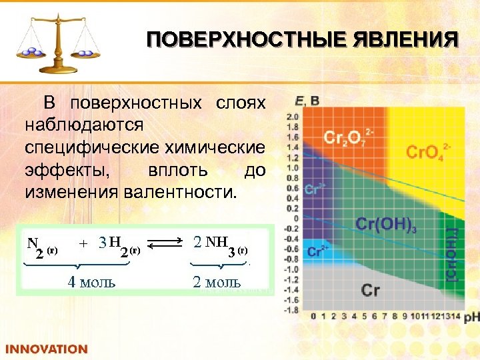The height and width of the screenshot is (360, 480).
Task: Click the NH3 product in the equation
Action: [x=220, y=243]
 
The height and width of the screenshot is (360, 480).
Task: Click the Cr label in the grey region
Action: [x=371, y=290]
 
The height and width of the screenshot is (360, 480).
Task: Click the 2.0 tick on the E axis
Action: [x=292, y=116]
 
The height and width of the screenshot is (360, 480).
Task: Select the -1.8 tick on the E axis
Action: [x=291, y=310]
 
